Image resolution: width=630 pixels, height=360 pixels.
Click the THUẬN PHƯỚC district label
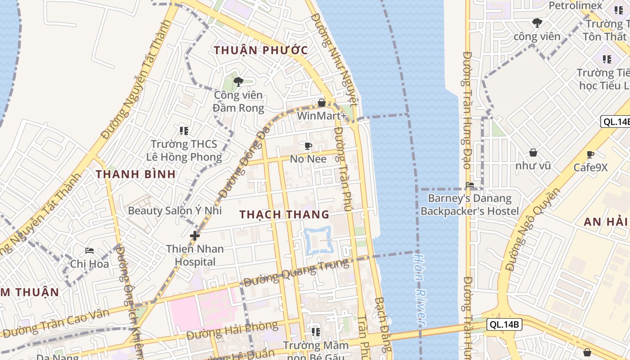(x=261, y=50)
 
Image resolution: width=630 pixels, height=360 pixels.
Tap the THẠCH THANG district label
(x=284, y=214)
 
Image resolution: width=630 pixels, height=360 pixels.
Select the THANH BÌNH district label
(x=135, y=174)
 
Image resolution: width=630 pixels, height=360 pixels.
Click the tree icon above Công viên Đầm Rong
(x=238, y=82)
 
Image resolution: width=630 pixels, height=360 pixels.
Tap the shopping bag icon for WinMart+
(x=321, y=103)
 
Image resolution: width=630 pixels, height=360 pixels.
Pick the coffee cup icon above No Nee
(x=308, y=146)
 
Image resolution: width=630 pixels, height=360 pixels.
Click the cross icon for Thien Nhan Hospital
(x=194, y=235)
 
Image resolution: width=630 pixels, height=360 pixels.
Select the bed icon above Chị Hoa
(x=89, y=251)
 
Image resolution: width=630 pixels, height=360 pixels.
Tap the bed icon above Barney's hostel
(x=470, y=184)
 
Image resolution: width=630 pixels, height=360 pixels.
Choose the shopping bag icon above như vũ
(x=533, y=153)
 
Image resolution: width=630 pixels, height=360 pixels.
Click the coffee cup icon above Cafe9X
(x=590, y=155)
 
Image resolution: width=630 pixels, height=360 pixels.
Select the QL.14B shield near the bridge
(x=504, y=324)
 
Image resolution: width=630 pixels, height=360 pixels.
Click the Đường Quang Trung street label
(x=296, y=273)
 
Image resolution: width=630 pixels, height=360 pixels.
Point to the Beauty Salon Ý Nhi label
(x=175, y=210)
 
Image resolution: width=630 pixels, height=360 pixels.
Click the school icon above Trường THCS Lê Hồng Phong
(x=184, y=130)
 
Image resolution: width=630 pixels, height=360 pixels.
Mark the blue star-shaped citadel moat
(x=318, y=240)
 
